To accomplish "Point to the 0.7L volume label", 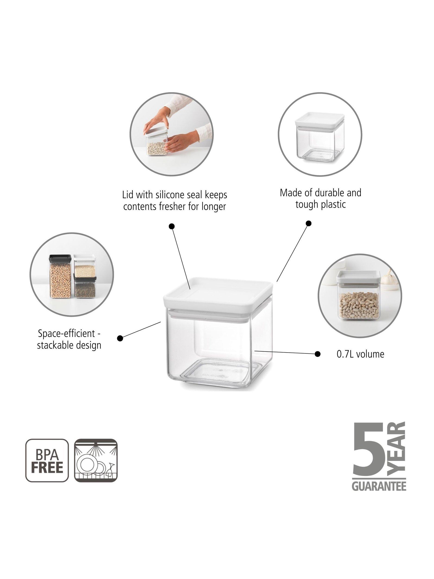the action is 360,354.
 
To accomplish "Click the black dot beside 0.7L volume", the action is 318,354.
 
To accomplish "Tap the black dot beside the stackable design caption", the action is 120,338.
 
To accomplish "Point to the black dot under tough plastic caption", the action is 309,223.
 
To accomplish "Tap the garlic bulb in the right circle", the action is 388,278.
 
